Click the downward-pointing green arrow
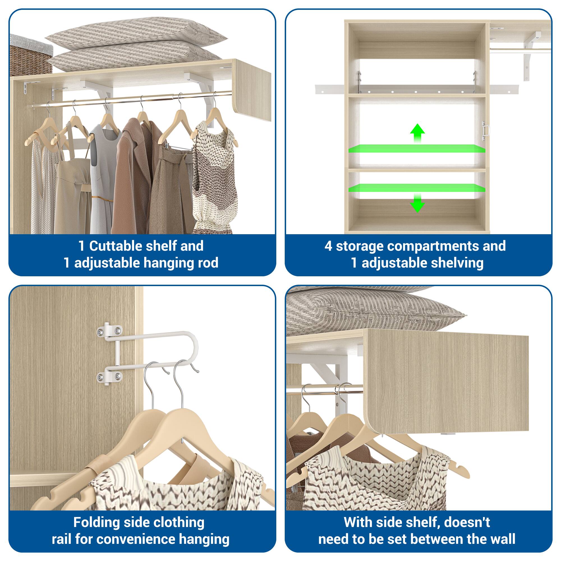[417, 204]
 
